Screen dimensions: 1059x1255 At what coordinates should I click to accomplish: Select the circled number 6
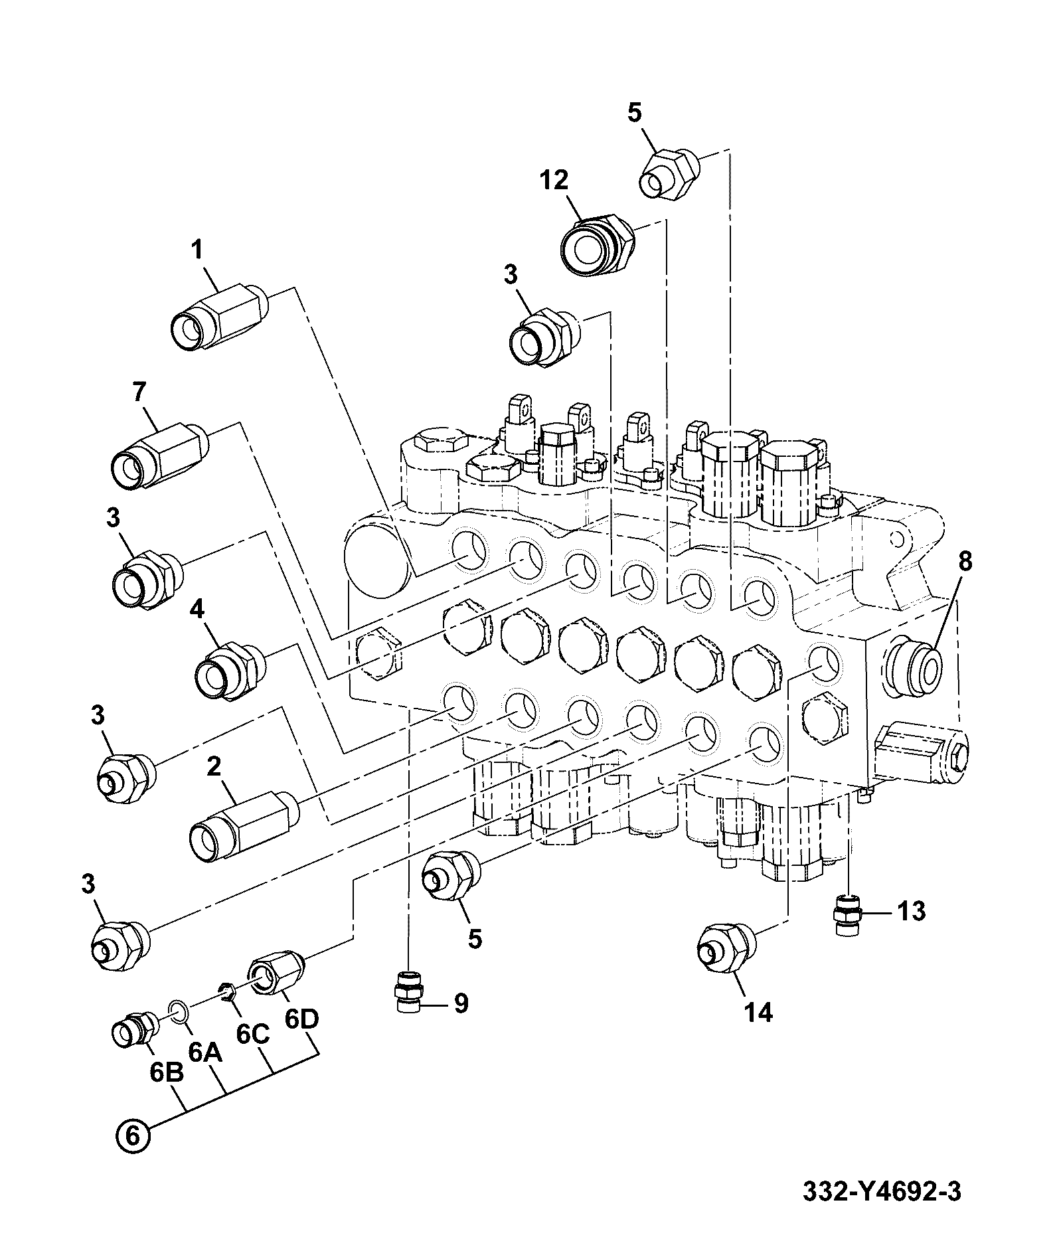click(x=133, y=1135)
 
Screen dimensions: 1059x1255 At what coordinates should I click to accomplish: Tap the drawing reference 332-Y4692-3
click(x=881, y=1191)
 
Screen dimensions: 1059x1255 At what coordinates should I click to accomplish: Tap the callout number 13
click(x=911, y=911)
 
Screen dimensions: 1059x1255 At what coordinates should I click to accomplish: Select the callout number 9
click(x=461, y=1003)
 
